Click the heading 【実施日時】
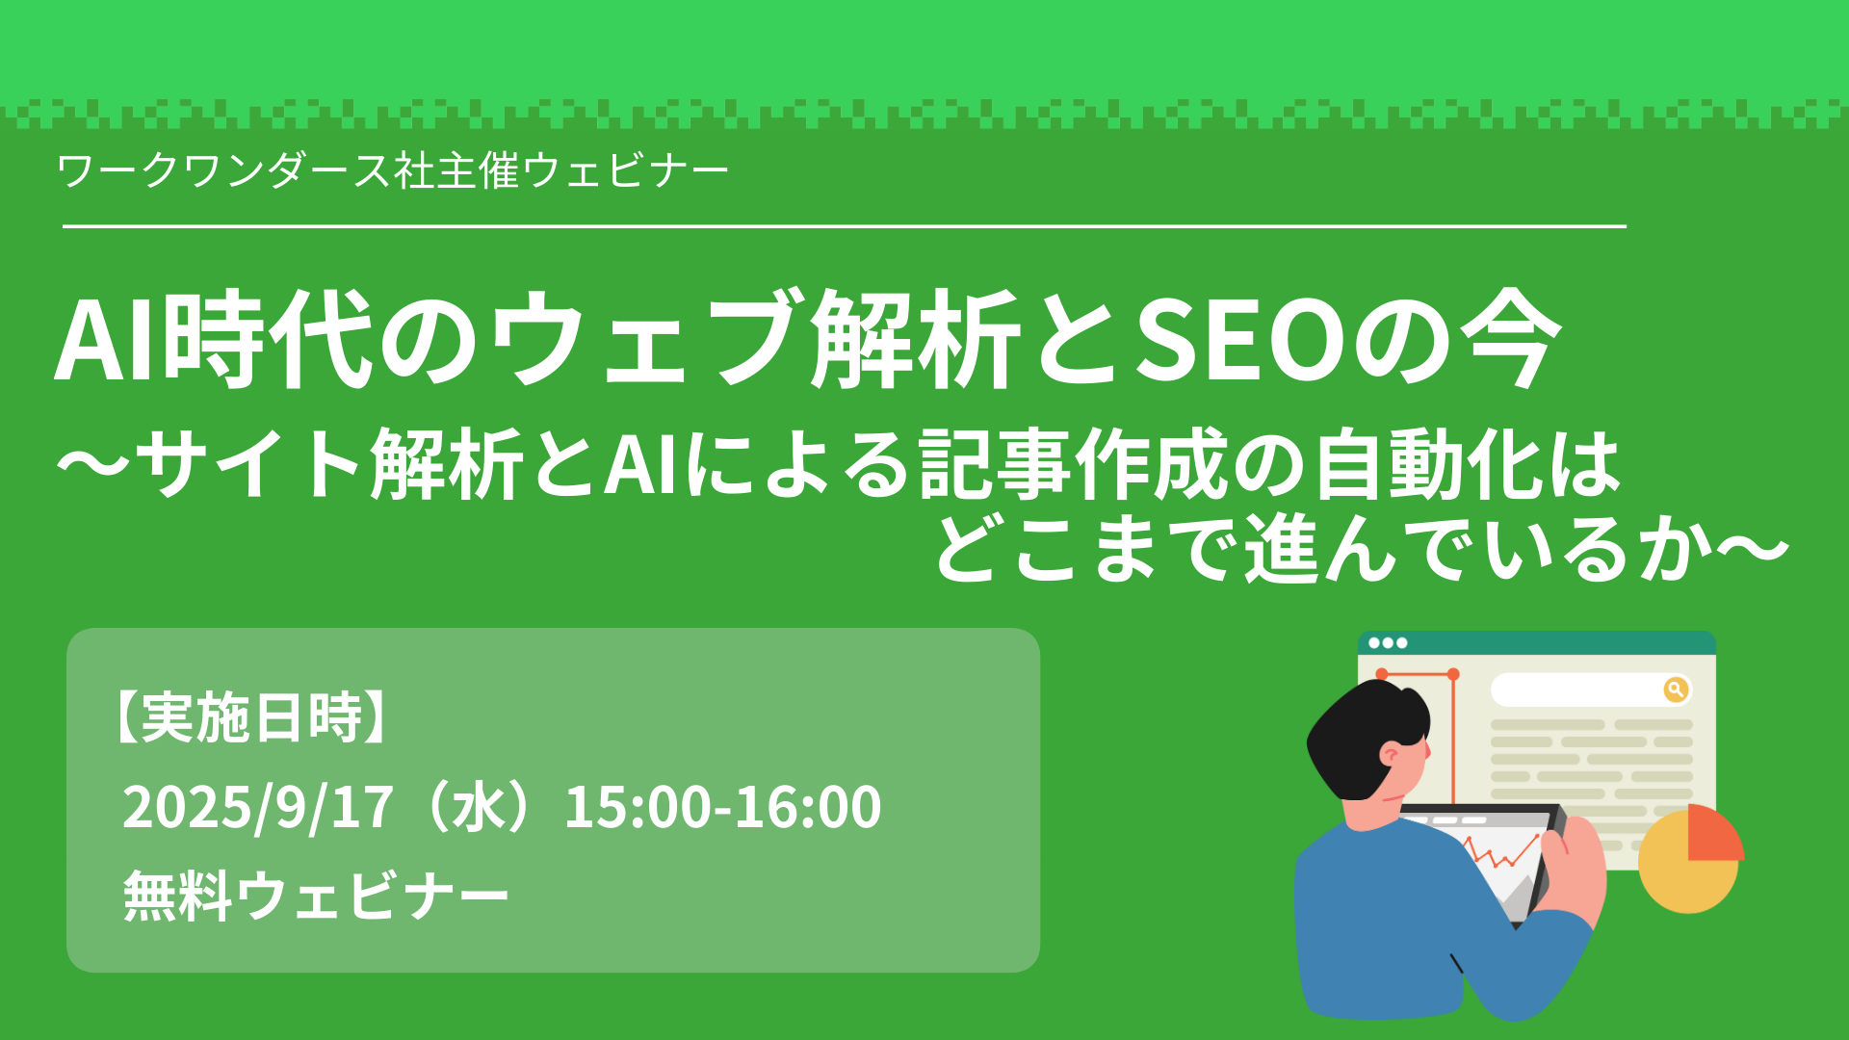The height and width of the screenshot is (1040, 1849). point(251,717)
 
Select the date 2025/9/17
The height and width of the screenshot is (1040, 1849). point(258,807)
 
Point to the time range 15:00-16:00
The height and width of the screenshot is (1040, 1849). point(722,807)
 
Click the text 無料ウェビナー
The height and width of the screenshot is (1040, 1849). point(316,896)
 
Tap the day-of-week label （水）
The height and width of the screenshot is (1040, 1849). point(479,807)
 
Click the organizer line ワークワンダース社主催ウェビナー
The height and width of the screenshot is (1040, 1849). point(393,171)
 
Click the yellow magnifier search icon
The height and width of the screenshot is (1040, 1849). point(1676,689)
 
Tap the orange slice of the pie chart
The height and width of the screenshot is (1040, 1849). point(1715,834)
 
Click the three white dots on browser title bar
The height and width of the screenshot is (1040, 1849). point(1388,642)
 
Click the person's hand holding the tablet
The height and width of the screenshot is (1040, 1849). point(1570,867)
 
